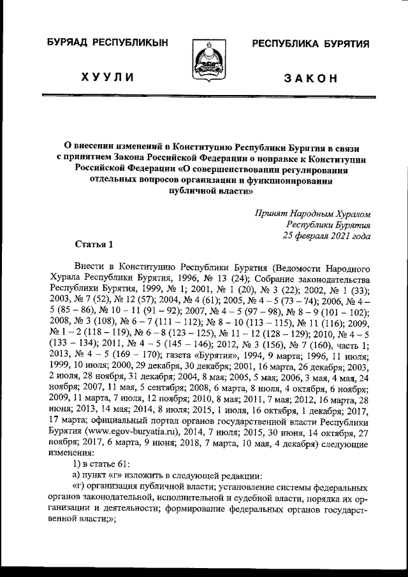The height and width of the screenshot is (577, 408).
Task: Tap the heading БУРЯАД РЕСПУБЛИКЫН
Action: [106, 43]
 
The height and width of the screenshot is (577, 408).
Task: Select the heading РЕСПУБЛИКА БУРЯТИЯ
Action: [311, 43]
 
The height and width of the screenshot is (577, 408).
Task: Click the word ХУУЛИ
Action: [107, 78]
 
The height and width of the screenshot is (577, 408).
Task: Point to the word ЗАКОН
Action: [310, 78]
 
